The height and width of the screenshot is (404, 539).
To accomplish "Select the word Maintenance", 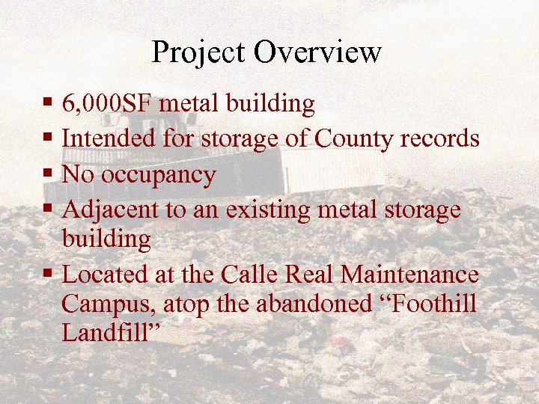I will point(409,275).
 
